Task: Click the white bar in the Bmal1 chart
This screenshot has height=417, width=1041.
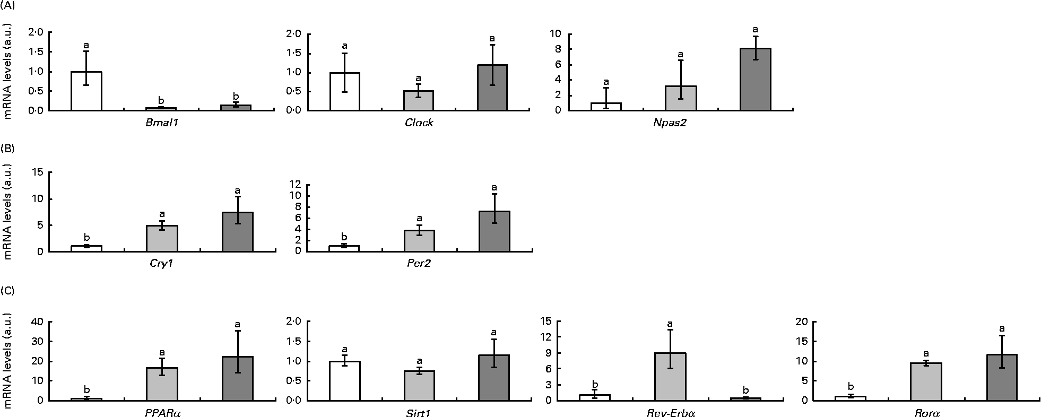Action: click(x=86, y=91)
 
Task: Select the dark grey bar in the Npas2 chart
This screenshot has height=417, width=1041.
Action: click(x=756, y=80)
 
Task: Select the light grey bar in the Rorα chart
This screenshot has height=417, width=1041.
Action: click(x=926, y=381)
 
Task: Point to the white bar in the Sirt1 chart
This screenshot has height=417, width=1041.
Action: click(x=344, y=380)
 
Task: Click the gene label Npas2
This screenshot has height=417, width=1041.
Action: click(x=680, y=123)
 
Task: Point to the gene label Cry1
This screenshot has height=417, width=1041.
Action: click(x=162, y=264)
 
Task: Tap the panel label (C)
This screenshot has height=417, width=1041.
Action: click(x=8, y=291)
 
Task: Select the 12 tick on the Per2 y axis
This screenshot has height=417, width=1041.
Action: click(x=294, y=184)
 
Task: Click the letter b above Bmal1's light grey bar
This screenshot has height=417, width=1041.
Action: click(x=161, y=100)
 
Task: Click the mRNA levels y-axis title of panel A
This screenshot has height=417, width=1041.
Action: click(x=8, y=71)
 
